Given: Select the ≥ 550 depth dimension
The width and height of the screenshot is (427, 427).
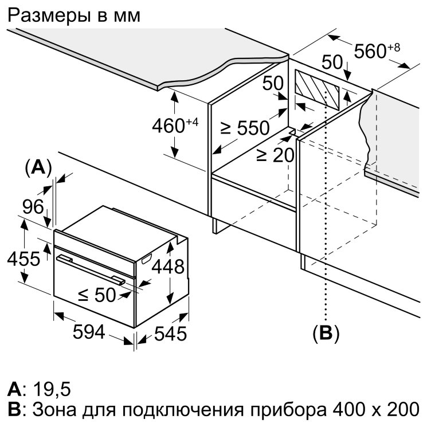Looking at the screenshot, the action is (245, 128).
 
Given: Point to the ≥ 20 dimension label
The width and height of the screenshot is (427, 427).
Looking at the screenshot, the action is (275, 155).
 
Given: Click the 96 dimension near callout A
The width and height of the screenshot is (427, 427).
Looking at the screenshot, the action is (33, 207).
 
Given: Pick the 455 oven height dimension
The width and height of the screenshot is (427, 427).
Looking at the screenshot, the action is (23, 258).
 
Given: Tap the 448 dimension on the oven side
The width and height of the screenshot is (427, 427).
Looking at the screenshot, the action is (168, 267).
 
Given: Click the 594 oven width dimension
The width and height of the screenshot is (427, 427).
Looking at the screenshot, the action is (89, 332).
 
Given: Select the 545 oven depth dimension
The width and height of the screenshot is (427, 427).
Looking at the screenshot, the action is (170, 333).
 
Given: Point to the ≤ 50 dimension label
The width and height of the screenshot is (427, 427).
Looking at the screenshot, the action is (97, 295).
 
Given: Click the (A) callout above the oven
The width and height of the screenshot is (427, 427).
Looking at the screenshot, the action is (38, 167).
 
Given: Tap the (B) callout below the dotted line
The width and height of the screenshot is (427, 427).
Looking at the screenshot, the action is (326, 333).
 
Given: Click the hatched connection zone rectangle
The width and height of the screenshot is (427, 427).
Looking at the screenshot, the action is (318, 90).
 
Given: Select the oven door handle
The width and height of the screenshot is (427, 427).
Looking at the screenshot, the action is (91, 269).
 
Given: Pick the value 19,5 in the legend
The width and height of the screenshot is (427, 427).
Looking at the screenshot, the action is (52, 389).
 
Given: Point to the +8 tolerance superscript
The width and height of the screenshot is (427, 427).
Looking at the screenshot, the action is (394, 48).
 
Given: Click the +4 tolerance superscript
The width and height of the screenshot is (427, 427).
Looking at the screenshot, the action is (192, 122).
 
